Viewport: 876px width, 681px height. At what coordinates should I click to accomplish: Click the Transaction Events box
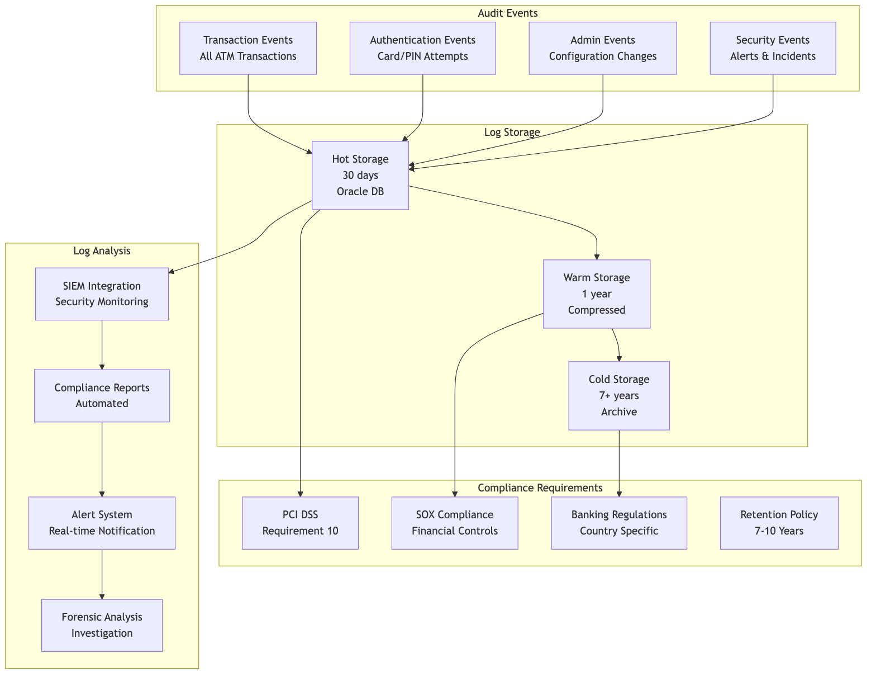[248, 48]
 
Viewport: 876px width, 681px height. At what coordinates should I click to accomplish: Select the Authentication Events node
[422, 48]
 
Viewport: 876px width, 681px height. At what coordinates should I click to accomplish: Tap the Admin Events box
[603, 48]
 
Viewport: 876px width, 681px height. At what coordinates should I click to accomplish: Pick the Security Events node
[773, 48]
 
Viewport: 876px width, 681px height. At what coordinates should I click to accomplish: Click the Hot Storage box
[360, 175]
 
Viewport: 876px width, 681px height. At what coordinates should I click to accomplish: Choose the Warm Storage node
[597, 294]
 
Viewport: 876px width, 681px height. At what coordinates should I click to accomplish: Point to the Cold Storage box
[619, 395]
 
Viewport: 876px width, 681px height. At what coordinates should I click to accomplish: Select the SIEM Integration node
[102, 294]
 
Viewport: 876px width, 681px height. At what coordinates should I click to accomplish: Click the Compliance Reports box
[102, 395]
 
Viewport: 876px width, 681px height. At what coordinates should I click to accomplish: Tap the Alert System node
[102, 523]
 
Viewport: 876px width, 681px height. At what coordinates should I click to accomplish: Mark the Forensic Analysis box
[102, 625]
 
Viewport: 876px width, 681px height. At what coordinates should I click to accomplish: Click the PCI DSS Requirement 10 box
[300, 523]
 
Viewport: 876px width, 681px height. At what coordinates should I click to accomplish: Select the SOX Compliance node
[455, 523]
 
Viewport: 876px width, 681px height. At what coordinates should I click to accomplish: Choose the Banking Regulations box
[619, 523]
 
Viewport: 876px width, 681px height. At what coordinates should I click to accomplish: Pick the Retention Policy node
[779, 523]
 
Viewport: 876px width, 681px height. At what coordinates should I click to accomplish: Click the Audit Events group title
[508, 13]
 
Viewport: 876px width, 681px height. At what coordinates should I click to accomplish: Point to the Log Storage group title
[512, 132]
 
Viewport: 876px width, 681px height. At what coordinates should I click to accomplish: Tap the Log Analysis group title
[102, 250]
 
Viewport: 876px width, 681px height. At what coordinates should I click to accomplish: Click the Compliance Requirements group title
[540, 488]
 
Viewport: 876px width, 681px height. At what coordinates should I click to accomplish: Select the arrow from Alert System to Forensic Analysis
[102, 574]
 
